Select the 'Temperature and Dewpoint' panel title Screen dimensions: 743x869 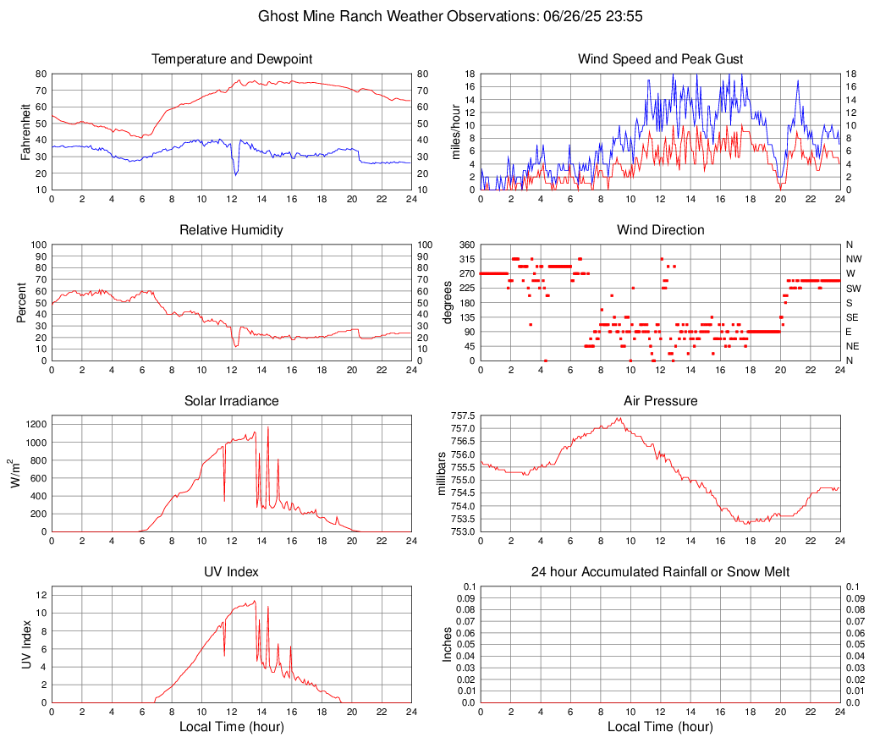pyautogui.click(x=232, y=59)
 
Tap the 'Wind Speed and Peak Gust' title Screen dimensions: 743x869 pyautogui.click(x=660, y=59)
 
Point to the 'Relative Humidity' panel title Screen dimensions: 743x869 pyautogui.click(x=232, y=230)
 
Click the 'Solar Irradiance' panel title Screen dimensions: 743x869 pyautogui.click(x=232, y=401)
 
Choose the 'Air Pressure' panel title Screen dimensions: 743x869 pyautogui.click(x=660, y=401)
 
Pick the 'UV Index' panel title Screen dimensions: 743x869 pyautogui.click(x=232, y=572)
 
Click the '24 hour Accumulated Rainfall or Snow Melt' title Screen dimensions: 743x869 pyautogui.click(x=660, y=572)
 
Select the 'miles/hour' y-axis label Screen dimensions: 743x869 pyautogui.click(x=455, y=132)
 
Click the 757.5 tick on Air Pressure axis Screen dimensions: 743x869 pyautogui.click(x=464, y=416)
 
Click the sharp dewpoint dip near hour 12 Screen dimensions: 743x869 pyautogui.click(x=236, y=174)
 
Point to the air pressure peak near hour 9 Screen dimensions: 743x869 pyautogui.click(x=619, y=418)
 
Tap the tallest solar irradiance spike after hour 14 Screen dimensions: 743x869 pyautogui.click(x=268, y=427)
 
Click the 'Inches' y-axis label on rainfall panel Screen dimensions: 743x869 pyautogui.click(x=448, y=645)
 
